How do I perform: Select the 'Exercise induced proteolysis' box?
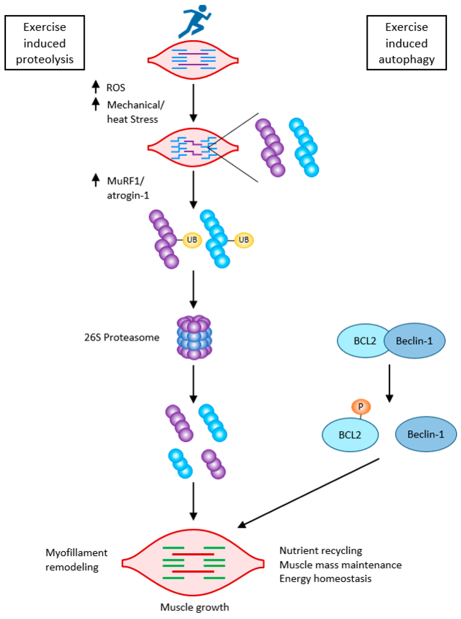tap(45, 43)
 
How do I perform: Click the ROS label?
tap(115, 88)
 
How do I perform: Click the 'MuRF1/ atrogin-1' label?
tap(128, 188)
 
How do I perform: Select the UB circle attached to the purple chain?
tap(192, 240)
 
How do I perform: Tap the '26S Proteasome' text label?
tap(122, 337)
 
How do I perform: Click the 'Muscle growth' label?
tap(195, 607)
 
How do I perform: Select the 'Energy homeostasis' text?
tap(325, 579)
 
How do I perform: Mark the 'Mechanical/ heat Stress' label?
tap(136, 112)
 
